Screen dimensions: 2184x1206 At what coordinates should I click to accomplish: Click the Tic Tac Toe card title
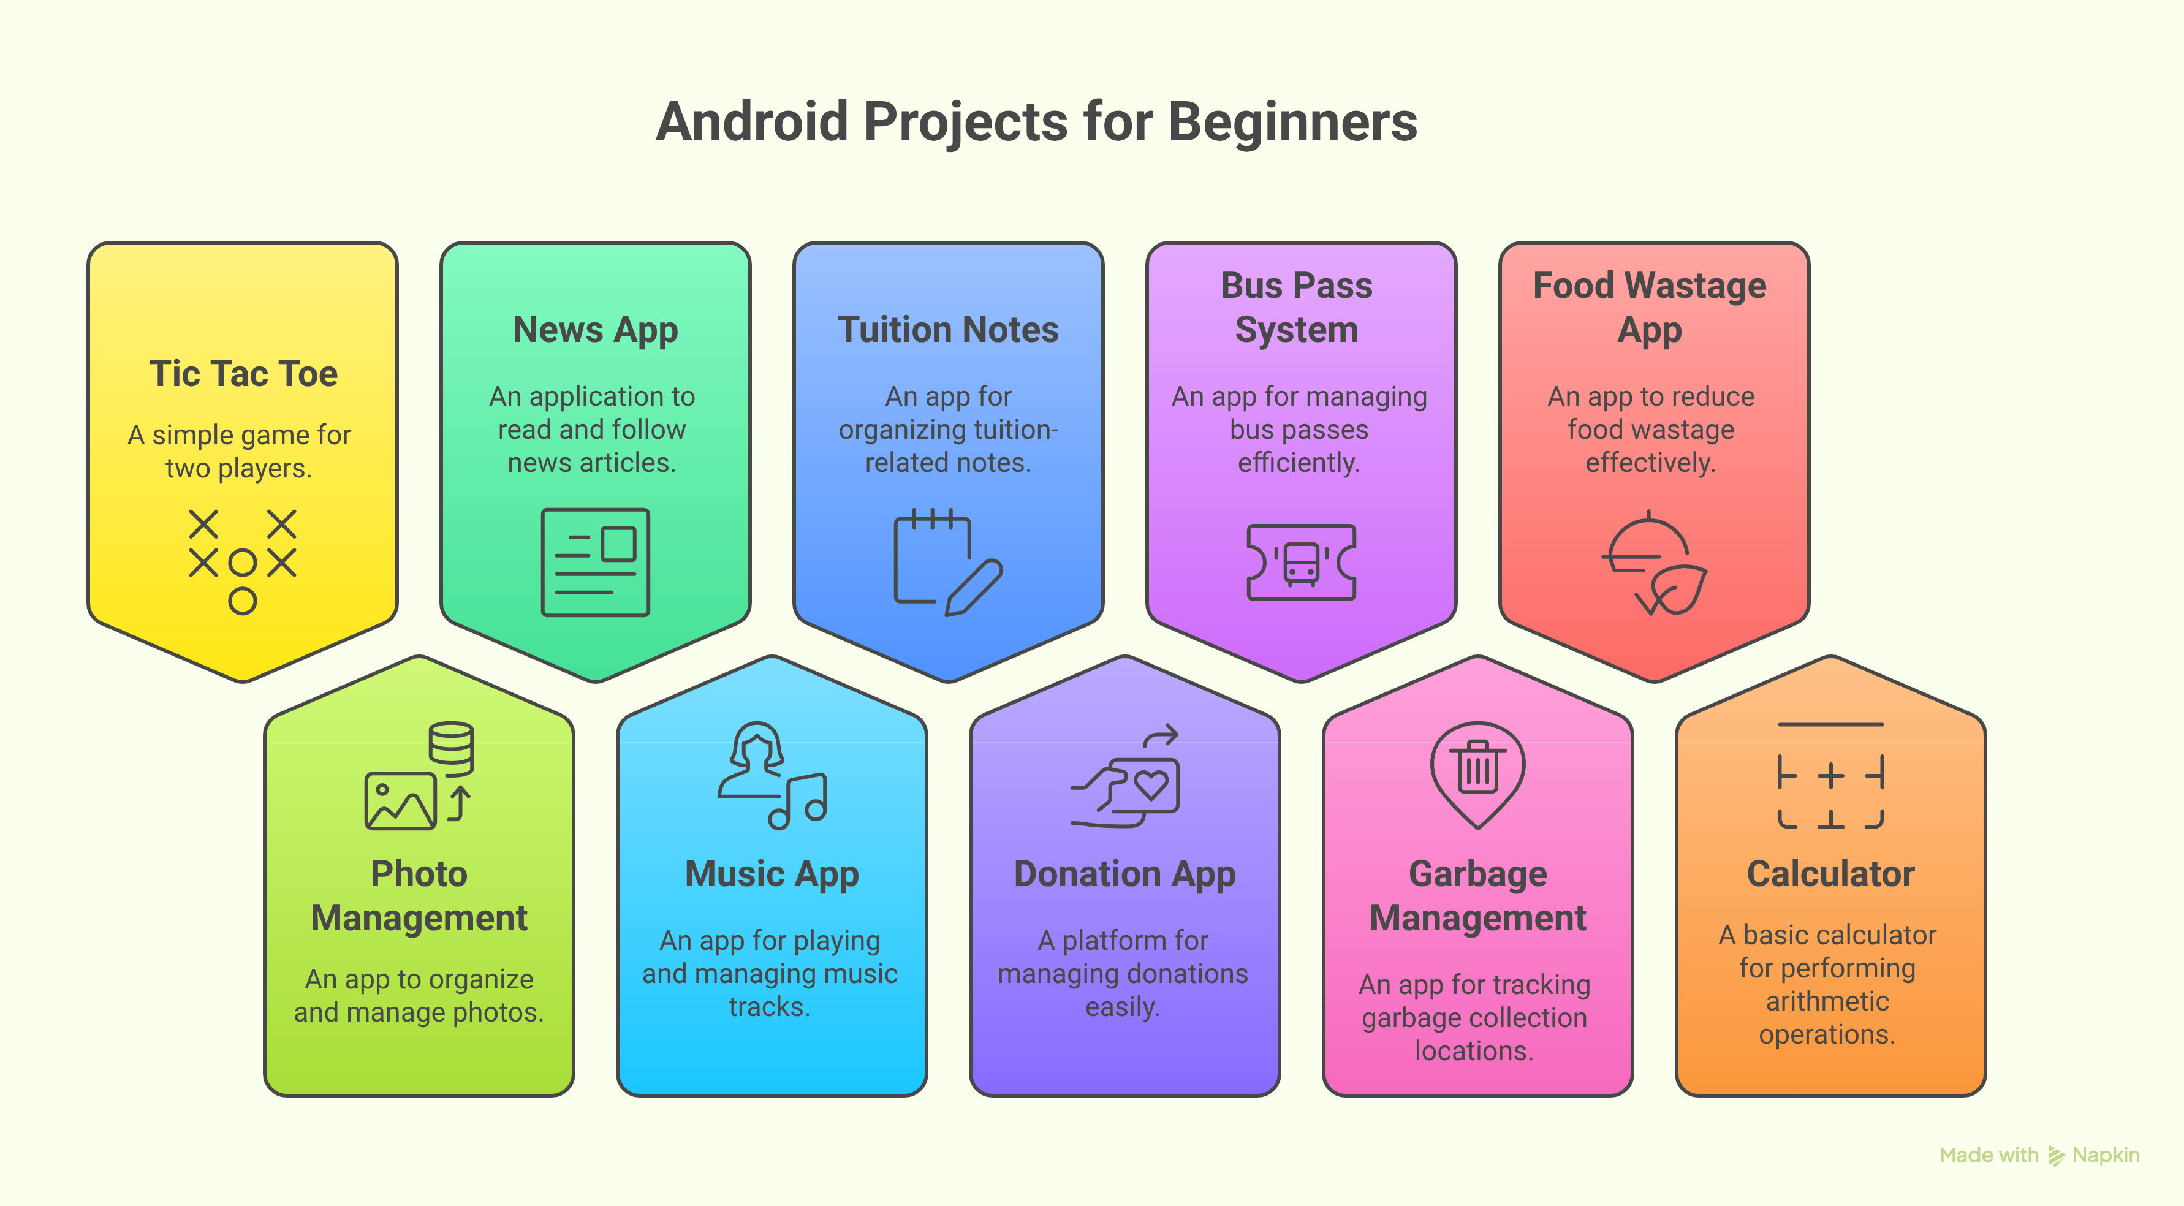point(243,374)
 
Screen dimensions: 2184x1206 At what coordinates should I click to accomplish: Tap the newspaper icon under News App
point(595,563)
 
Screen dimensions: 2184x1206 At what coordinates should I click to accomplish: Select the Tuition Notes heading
point(948,330)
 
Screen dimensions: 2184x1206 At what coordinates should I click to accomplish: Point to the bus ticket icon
point(1300,563)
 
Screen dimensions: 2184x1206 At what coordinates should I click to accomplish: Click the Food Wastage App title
point(1649,308)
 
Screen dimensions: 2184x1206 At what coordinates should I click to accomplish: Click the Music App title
point(772,874)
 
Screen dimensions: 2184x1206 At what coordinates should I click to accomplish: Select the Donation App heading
point(1124,874)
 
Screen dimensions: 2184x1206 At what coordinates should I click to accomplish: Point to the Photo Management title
point(419,895)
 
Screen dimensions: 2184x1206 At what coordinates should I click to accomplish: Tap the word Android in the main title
point(752,121)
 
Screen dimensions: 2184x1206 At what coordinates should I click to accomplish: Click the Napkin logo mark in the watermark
point(2056,1156)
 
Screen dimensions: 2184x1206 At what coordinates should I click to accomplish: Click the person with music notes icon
point(772,775)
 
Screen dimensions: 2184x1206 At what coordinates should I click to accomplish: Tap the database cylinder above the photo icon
point(451,749)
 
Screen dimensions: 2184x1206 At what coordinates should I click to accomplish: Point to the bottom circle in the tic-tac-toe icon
point(243,601)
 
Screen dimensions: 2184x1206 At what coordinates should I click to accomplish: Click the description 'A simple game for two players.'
point(239,451)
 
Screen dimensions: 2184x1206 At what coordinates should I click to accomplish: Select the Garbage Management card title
point(1478,895)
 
